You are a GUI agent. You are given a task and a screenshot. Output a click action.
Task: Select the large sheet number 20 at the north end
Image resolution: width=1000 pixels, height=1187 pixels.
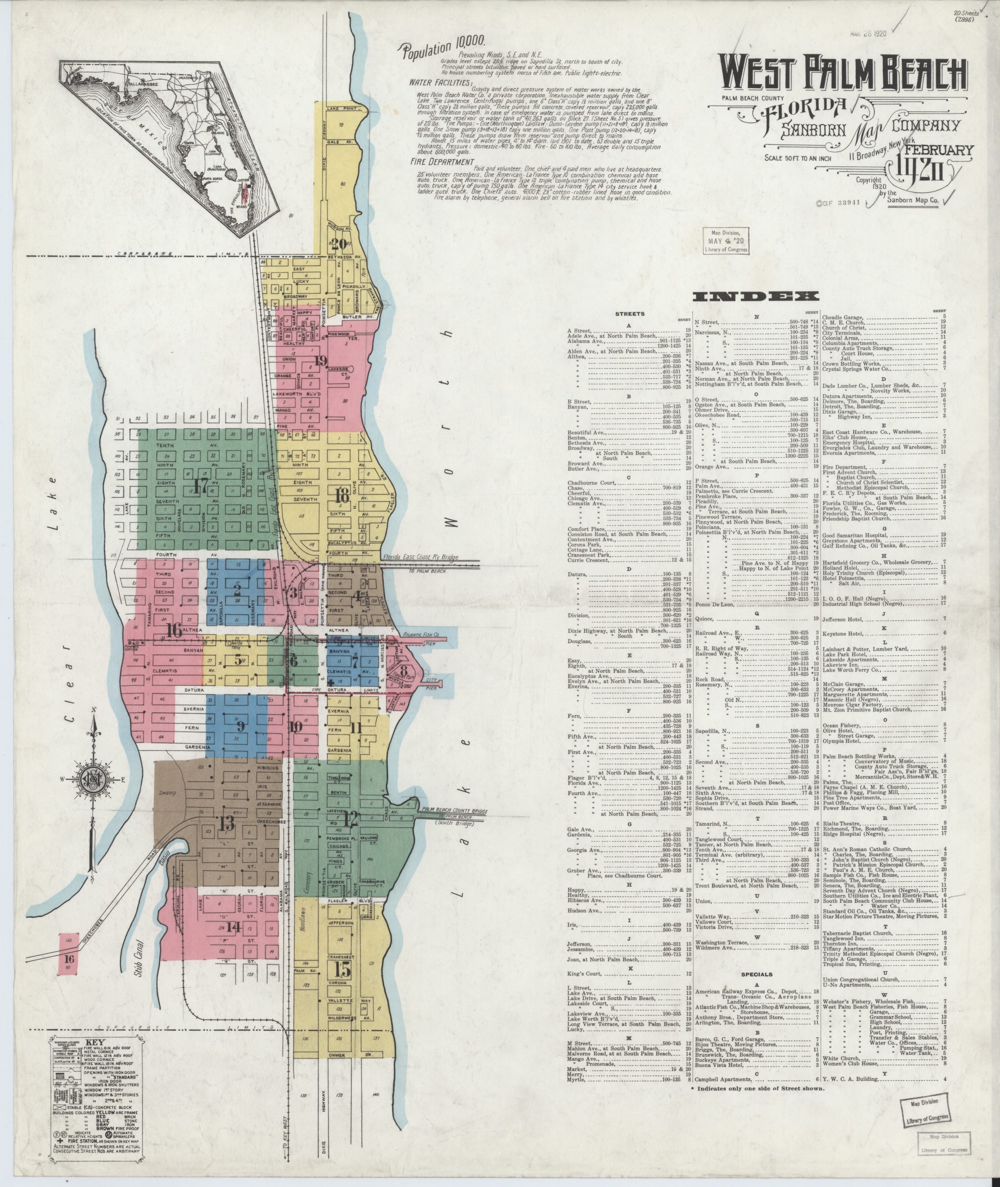[x=339, y=245]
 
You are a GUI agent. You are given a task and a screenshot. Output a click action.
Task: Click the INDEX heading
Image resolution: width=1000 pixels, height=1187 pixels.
[x=754, y=296]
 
